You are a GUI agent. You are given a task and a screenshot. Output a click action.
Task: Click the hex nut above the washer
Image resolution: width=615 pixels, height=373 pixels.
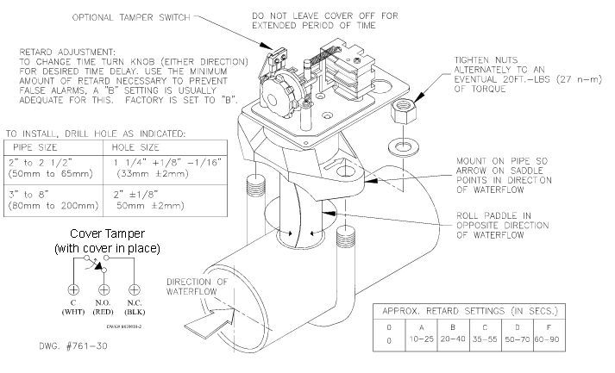coord(403,111)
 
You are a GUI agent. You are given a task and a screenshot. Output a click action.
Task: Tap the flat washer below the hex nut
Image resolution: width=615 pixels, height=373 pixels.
coord(402,148)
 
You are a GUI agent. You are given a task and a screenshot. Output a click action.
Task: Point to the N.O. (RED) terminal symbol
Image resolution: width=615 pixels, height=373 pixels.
coord(104,290)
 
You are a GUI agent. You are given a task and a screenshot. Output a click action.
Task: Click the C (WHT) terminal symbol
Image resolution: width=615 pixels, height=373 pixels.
coord(73,290)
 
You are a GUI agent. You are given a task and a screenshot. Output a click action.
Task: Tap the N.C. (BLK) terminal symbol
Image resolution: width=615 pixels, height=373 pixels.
coord(135,290)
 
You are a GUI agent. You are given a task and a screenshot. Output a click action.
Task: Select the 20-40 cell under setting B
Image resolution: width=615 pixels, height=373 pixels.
coord(453,339)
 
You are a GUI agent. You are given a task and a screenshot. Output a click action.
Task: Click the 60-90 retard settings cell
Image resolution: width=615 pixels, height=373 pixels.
coord(547,339)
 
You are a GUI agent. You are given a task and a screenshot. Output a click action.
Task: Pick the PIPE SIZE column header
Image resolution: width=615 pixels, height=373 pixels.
coord(35,147)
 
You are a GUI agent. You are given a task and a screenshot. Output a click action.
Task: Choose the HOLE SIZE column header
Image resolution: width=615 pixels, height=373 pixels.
coord(135,147)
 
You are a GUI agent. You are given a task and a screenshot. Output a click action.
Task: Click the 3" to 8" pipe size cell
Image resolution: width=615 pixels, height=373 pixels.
coord(53,200)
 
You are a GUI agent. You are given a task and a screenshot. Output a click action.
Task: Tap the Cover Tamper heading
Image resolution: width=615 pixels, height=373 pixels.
coord(108,234)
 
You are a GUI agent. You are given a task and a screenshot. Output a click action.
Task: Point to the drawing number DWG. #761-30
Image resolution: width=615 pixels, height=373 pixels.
coord(73,346)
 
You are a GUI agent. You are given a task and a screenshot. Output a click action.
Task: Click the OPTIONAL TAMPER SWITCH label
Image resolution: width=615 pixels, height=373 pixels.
coord(131,17)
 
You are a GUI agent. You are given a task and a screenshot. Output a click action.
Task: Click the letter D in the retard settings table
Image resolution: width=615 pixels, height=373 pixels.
coord(518,327)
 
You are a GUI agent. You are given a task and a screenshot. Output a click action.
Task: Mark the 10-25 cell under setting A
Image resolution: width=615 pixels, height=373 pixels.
coord(422,339)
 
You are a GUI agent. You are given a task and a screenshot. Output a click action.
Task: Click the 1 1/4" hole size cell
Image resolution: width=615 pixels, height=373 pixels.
coord(167,168)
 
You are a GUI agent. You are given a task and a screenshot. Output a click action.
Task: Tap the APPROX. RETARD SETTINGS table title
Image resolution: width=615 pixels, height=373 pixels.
coord(470,311)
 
